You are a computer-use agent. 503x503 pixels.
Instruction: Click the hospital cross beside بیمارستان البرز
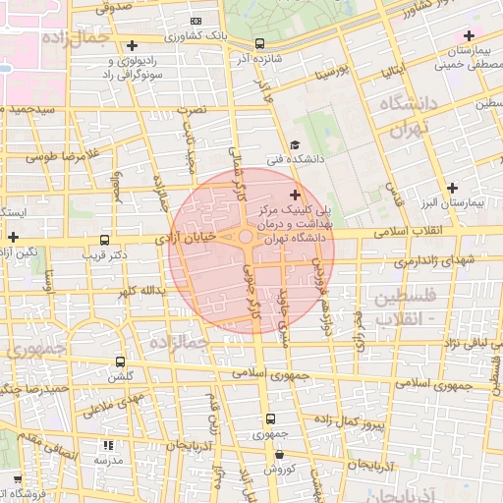click(452, 188)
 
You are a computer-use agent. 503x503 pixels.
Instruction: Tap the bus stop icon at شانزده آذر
click(259, 43)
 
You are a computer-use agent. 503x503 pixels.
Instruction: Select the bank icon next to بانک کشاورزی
click(196, 21)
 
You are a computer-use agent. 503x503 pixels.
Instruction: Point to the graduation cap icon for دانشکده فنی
click(295, 144)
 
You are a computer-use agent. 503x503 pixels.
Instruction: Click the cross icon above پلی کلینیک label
click(295, 196)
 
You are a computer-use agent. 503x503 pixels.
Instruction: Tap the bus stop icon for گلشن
click(120, 362)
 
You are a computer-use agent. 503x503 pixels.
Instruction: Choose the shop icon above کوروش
click(280, 454)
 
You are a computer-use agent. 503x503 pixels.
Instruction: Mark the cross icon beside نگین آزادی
click(13, 237)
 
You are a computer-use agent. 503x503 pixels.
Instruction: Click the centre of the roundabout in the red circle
click(245, 237)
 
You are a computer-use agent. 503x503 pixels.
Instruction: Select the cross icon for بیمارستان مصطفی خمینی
click(470, 36)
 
